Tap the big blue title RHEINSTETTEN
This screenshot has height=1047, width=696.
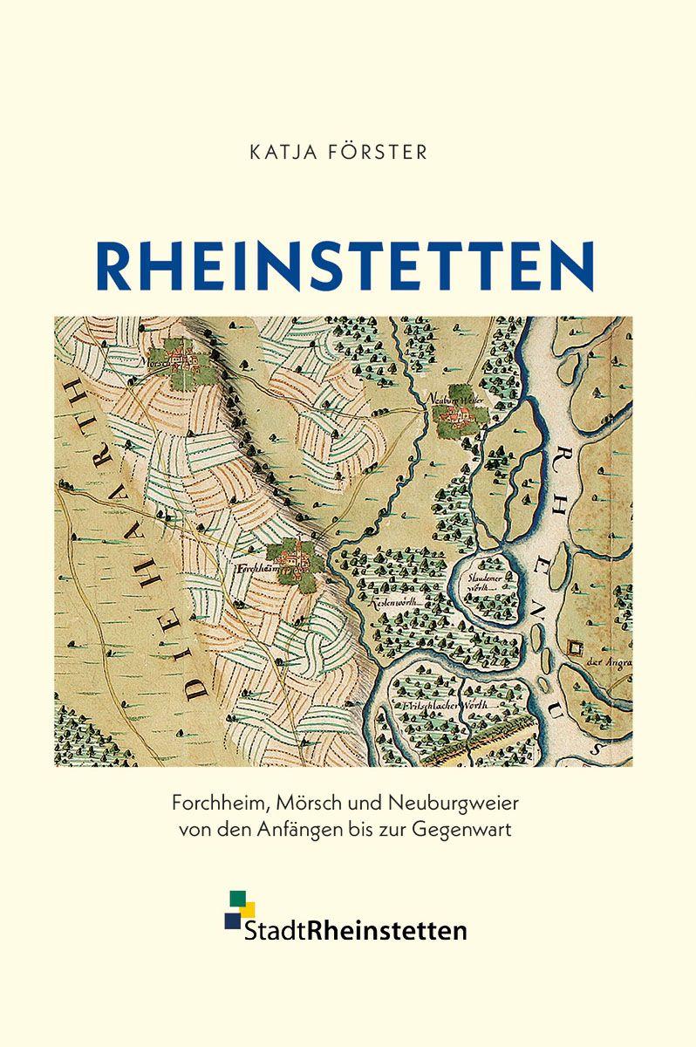click(347, 263)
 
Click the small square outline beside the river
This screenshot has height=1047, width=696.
click(575, 647)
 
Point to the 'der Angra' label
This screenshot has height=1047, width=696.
click(611, 660)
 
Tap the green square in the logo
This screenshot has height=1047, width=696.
click(236, 898)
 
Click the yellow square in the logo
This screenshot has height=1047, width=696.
click(247, 910)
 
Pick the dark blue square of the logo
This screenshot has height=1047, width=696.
click(232, 920)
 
